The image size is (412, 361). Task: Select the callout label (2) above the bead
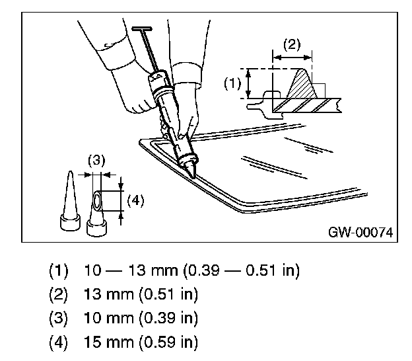(292, 45)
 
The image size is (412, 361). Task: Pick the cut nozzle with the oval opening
(96, 212)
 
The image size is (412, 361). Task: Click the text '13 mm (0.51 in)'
(141, 294)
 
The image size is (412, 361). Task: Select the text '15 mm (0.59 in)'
(141, 343)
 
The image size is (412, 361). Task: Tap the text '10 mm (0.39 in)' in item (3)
(141, 318)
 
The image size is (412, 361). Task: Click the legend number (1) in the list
(59, 270)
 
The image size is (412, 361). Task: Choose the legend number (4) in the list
(59, 343)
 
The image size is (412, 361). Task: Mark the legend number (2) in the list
(59, 294)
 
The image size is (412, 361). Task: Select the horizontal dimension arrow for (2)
(292, 58)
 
